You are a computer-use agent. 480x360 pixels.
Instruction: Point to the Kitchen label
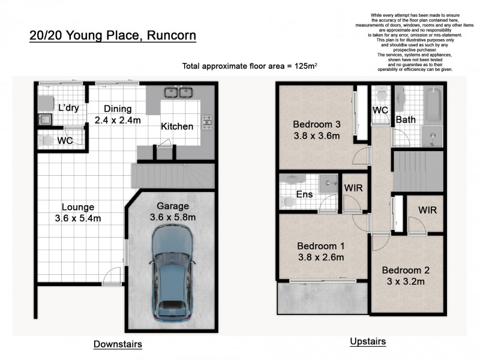177,127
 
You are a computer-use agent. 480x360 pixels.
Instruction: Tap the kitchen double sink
178,93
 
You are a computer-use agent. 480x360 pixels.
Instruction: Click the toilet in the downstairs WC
46,140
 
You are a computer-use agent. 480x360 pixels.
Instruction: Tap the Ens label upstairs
304,194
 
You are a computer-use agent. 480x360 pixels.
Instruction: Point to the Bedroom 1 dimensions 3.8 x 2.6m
321,258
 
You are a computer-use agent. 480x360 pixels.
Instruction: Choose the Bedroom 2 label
406,270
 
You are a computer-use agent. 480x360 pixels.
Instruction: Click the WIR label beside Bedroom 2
427,211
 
